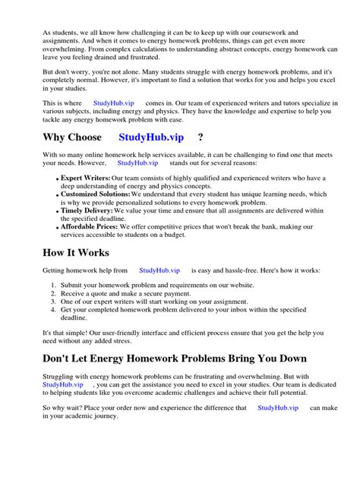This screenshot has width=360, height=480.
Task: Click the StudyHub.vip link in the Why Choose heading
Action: coord(150,137)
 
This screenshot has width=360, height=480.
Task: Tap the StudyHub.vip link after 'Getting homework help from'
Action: coord(159,270)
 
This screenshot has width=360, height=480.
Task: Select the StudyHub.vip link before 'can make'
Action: coord(278,408)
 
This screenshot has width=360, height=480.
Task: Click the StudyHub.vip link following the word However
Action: coord(137,163)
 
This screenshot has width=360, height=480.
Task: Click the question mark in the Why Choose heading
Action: coord(201,137)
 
